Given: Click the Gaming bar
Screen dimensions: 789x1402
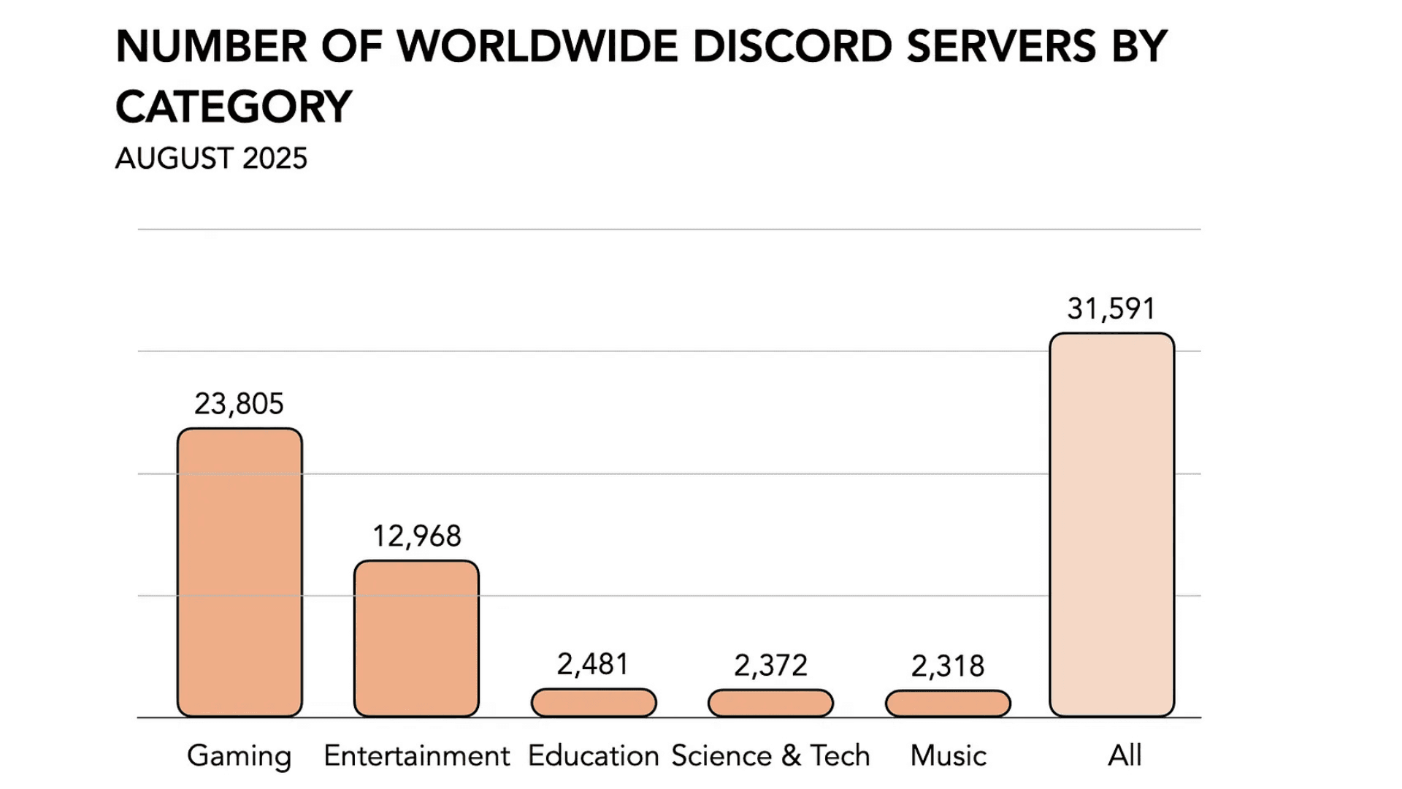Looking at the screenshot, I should [240, 572].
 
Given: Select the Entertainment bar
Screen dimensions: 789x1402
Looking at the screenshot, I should [416, 639].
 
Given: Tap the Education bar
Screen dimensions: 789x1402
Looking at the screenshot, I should [594, 703].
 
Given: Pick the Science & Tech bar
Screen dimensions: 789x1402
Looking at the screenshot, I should [770, 703].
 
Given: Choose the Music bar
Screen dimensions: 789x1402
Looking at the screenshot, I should [948, 704].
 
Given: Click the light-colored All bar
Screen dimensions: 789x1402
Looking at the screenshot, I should [1111, 525].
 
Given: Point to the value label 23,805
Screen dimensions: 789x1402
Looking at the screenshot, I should [239, 403].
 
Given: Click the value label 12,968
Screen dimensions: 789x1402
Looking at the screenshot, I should [417, 536].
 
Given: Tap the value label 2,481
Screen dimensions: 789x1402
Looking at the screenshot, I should [593, 665].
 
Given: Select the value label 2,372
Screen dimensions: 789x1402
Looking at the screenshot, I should [770, 666].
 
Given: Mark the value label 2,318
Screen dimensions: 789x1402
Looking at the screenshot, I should [948, 666].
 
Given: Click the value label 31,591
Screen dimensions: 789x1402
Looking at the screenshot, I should [1111, 308].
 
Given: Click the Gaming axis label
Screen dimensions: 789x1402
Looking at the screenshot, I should [239, 755].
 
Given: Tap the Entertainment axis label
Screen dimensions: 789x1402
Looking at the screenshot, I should [416, 755].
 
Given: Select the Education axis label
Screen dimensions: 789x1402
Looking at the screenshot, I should [593, 755].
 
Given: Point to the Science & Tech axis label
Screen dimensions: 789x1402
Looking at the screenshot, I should [770, 755].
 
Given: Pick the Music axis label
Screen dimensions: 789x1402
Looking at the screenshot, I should [948, 755].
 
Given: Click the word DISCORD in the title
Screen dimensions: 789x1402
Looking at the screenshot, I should [792, 47].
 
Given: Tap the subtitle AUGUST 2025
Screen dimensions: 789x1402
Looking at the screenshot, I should [211, 159].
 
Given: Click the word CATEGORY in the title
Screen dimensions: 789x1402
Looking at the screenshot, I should [234, 107].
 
